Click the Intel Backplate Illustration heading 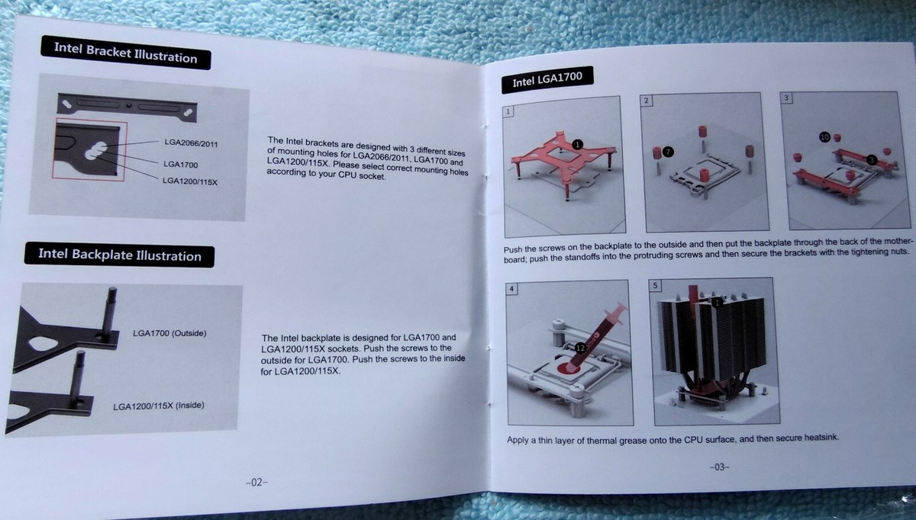[x=119, y=255]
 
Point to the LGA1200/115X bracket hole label [x=191, y=181]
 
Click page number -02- [x=255, y=482]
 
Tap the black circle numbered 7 [x=669, y=152]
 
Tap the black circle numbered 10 [x=824, y=136]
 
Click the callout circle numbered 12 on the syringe [x=583, y=347]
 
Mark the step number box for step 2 [x=646, y=101]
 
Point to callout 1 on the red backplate [x=577, y=143]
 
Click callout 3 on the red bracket [x=872, y=159]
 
